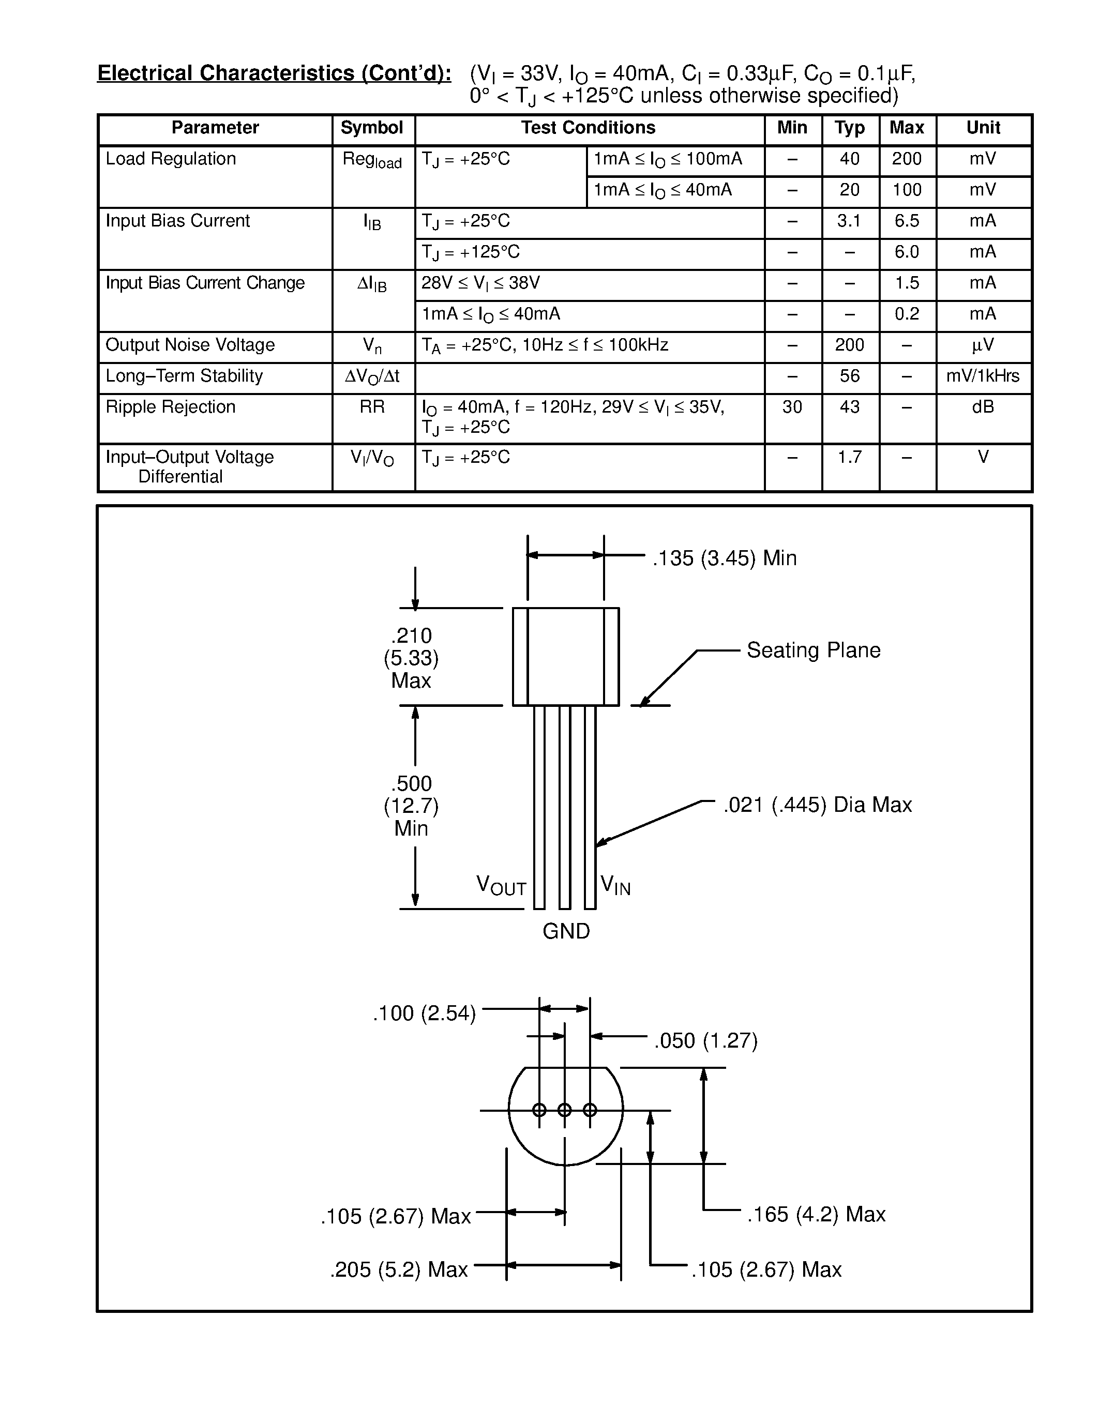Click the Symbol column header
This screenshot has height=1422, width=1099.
coord(372,128)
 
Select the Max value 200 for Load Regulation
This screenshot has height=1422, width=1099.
coord(907,159)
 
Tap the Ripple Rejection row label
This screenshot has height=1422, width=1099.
coord(171,407)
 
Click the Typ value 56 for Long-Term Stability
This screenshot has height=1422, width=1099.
coord(850,376)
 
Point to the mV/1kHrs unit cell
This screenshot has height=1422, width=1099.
coord(983,376)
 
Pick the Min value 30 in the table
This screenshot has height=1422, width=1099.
coord(792,407)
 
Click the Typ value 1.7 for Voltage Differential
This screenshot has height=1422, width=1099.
coord(850,457)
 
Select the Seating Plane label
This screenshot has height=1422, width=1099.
coord(813,650)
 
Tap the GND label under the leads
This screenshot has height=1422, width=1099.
coord(566,931)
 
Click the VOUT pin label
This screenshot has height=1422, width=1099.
coord(501,885)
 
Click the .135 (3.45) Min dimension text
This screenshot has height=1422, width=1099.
coord(724,558)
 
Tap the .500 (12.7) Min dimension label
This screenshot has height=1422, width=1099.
coord(412,806)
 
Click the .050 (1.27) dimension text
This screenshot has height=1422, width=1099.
coord(706,1040)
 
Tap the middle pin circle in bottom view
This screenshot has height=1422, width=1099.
coord(564,1110)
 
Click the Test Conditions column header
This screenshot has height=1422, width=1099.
coord(588,128)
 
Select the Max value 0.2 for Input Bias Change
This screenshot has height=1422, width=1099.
coord(907,314)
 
